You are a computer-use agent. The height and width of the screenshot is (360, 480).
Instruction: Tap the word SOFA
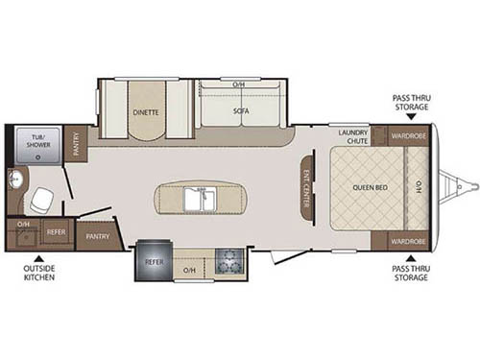[240, 110]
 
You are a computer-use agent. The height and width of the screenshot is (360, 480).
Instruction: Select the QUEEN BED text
[370, 188]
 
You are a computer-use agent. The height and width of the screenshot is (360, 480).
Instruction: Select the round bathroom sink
[14, 180]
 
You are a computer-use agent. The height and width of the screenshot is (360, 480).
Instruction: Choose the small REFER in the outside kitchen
[55, 232]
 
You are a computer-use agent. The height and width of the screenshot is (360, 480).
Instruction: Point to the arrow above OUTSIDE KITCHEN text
[39, 257]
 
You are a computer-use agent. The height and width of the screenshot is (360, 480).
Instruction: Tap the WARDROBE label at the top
[409, 137]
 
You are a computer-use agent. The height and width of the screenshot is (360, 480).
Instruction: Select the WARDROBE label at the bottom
[409, 240]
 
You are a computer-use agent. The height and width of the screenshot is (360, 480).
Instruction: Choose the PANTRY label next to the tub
[79, 142]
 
